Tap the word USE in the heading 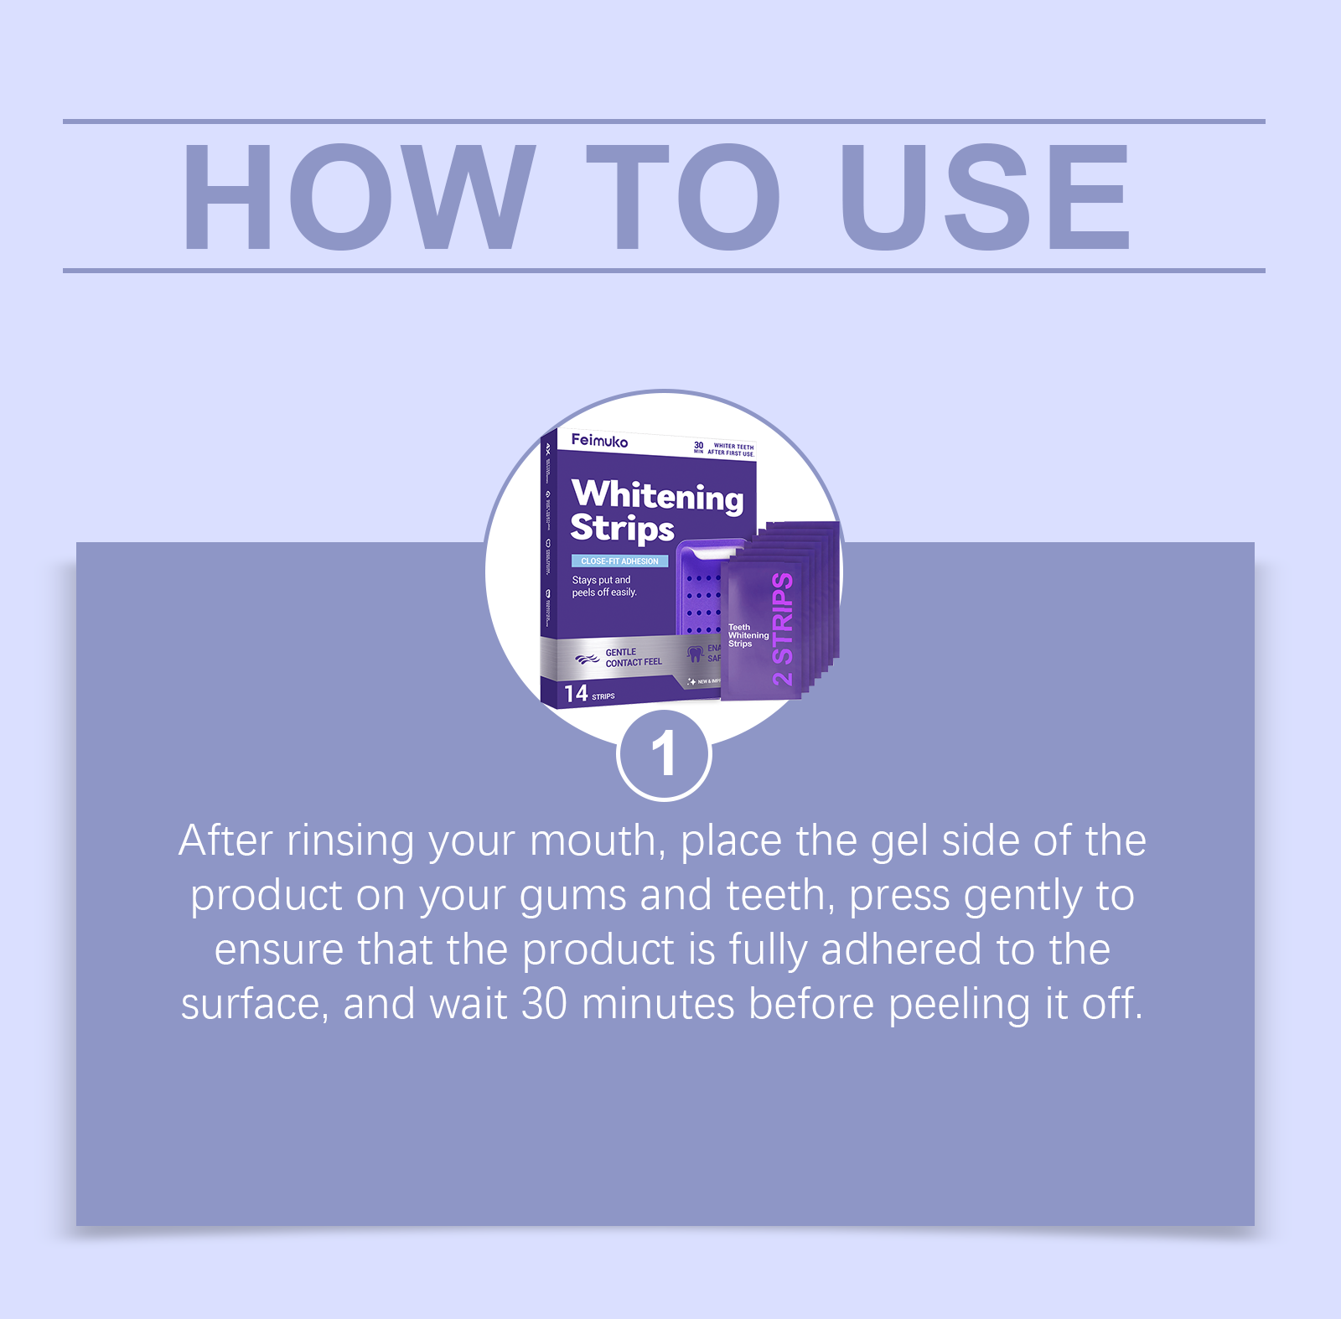pos(986,198)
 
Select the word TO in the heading pos(683,198)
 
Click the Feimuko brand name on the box pos(599,440)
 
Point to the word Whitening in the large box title pos(657,495)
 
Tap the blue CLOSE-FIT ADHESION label pos(619,561)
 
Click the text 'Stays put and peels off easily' pos(603,586)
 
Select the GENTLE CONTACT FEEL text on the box pos(633,657)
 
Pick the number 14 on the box pos(576,693)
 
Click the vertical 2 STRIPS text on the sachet pos(782,628)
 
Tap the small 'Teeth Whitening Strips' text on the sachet pos(747,635)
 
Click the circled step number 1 pos(663,754)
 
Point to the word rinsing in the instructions pos(350,841)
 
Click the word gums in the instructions pos(572,897)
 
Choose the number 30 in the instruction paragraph pos(544,1004)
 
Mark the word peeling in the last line pos(959,1004)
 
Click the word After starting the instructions pos(225,841)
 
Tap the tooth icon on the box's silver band pos(694,653)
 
